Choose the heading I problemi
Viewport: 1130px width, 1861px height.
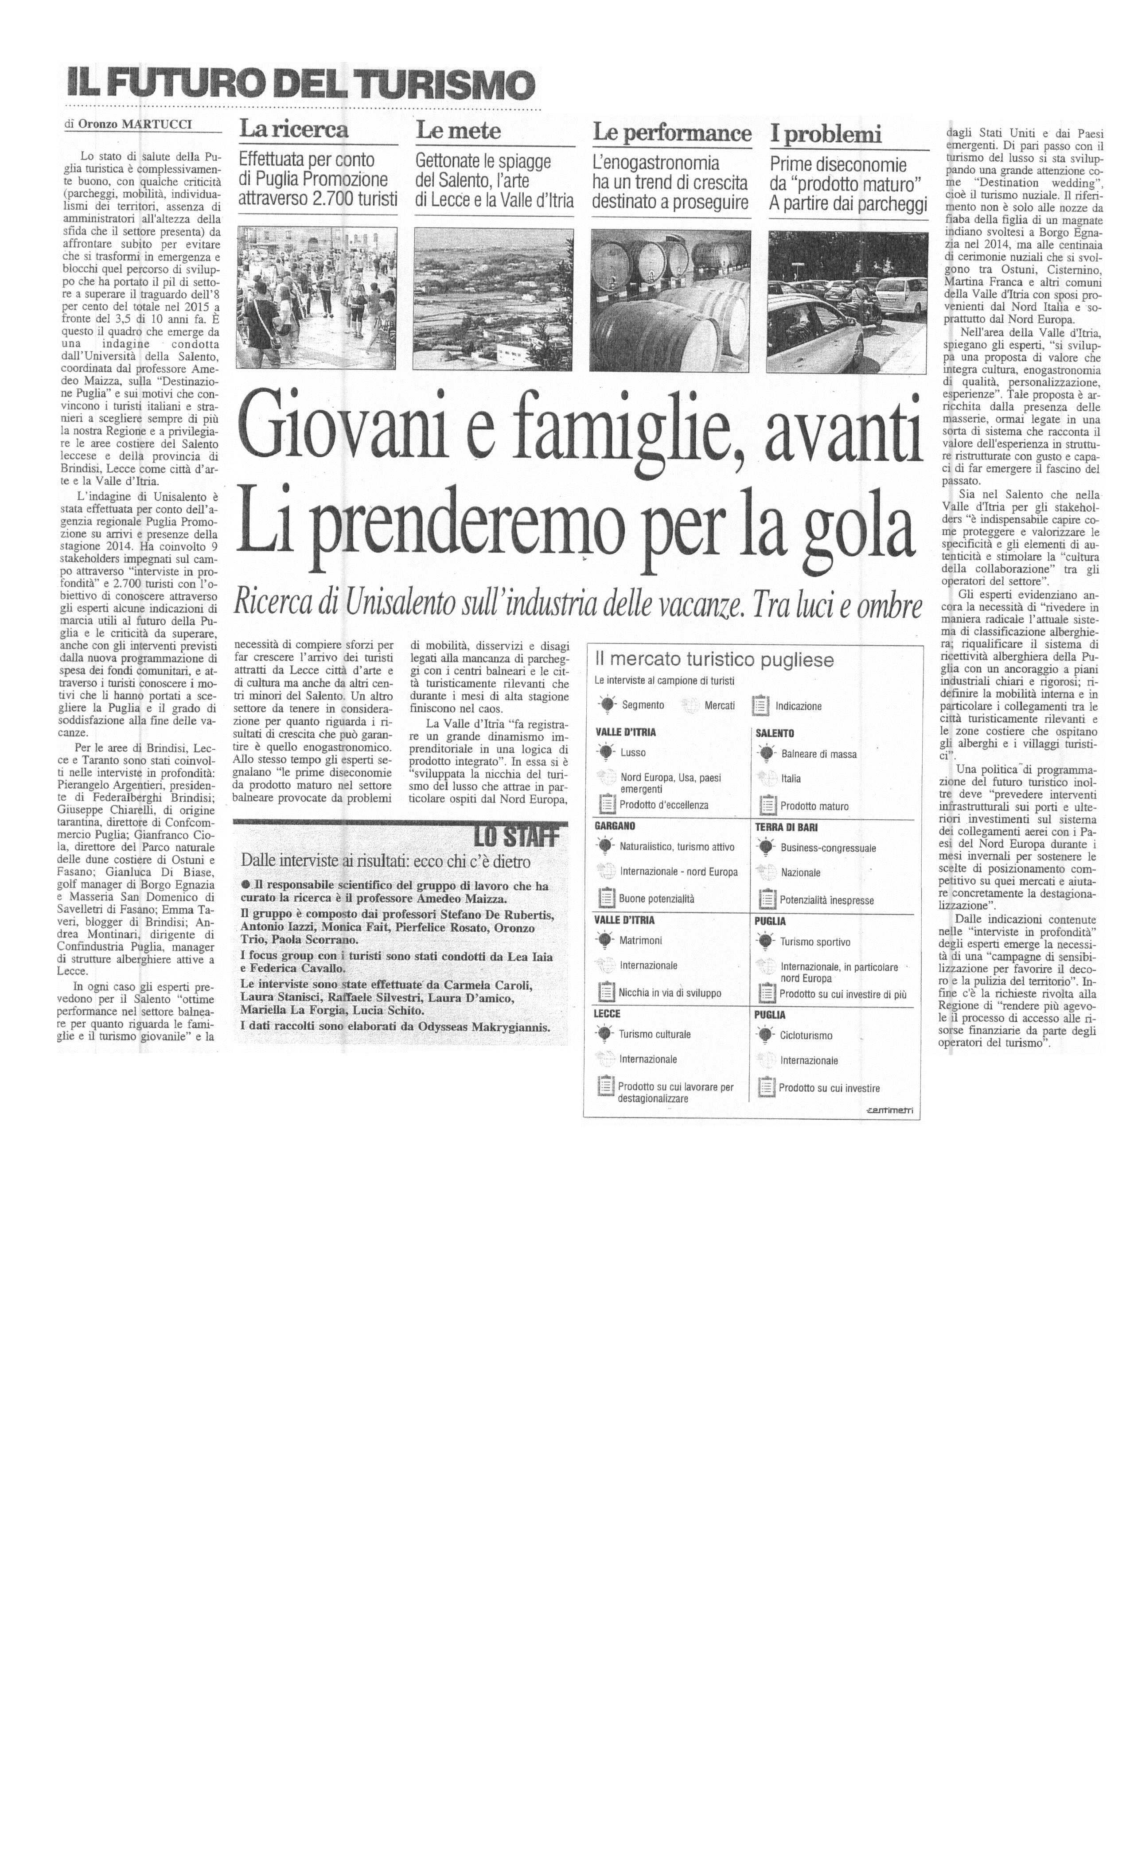(x=826, y=134)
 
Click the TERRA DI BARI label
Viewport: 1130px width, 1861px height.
(x=786, y=827)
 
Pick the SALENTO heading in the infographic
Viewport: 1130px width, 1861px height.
(x=774, y=732)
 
